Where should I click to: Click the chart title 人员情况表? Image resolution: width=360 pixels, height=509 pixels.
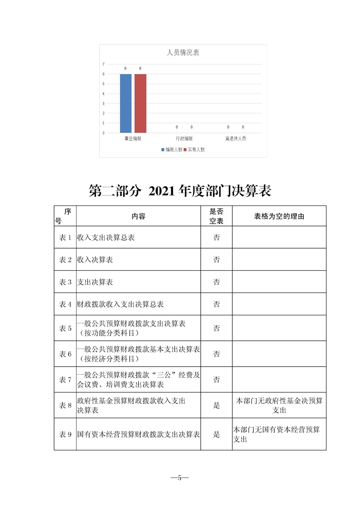click(x=183, y=53)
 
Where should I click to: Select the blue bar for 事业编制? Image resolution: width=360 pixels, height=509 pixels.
click(x=126, y=103)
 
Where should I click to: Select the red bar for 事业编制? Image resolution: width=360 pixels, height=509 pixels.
click(x=140, y=103)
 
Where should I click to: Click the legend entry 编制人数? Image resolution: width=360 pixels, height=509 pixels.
click(x=171, y=149)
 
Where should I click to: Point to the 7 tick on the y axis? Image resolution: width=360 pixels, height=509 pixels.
click(x=104, y=64)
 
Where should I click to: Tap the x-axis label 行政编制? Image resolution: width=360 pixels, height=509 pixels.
click(x=184, y=138)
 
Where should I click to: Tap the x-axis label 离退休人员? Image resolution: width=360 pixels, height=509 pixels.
click(x=235, y=138)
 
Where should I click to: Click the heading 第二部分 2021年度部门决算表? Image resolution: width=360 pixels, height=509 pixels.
click(x=180, y=191)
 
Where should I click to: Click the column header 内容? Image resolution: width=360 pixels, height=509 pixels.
click(x=138, y=216)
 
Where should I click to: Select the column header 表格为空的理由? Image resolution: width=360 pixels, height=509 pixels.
click(x=279, y=216)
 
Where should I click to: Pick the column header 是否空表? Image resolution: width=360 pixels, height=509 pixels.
click(x=217, y=216)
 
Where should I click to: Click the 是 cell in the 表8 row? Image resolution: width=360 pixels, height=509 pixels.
click(x=217, y=406)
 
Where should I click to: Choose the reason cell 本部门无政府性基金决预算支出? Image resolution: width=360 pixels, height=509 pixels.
click(x=279, y=406)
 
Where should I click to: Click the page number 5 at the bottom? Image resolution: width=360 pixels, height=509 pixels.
click(x=180, y=478)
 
